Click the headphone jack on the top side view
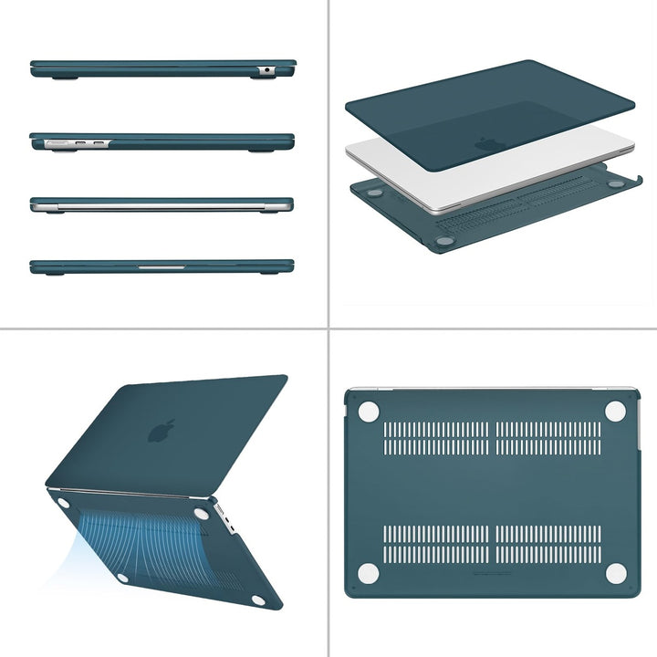tap(266, 69)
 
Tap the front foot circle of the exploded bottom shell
tap(444, 242)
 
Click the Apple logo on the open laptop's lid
tap(162, 430)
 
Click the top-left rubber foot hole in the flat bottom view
tap(369, 412)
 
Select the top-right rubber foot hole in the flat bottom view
tap(616, 412)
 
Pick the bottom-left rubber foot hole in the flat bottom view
tap(369, 573)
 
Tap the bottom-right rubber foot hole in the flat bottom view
tap(616, 573)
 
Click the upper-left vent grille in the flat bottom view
tap(435, 438)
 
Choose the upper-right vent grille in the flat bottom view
tap(548, 438)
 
